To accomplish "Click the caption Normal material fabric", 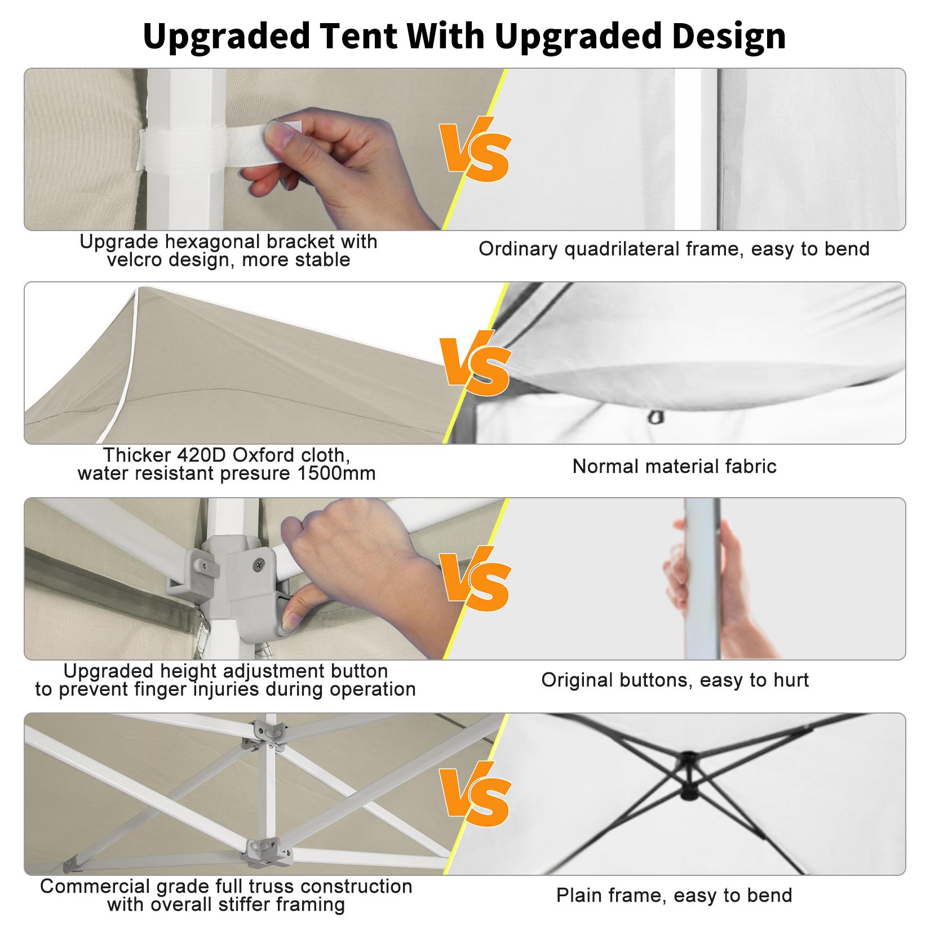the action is [x=674, y=466].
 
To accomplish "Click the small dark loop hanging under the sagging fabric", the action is [x=654, y=418].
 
